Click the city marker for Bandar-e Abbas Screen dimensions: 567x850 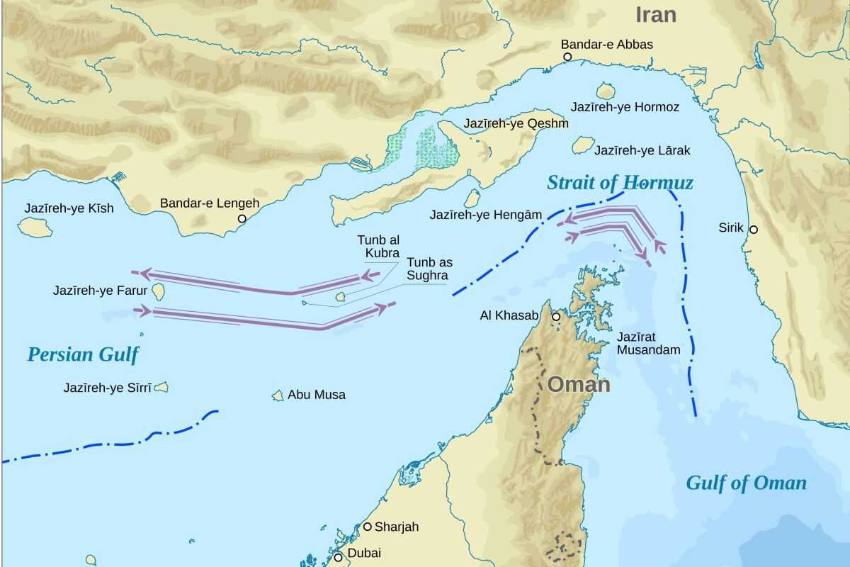567,57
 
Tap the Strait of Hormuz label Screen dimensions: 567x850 620,183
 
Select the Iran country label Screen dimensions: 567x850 655,14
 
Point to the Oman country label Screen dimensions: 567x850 579,385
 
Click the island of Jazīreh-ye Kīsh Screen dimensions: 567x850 35,228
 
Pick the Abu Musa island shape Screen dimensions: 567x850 278,395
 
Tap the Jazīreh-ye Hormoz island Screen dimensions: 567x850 605,91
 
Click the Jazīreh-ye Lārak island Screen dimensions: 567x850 582,145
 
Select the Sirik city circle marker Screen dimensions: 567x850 754,229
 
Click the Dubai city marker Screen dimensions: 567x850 339,557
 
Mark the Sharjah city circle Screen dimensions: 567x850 367,527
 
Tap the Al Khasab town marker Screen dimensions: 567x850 556,317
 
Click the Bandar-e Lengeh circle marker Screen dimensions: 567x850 242,219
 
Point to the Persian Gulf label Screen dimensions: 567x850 83,354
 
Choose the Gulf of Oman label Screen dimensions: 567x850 746,483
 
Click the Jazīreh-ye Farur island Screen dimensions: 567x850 159,291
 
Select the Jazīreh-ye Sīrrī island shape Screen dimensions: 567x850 161,387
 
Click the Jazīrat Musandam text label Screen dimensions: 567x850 648,343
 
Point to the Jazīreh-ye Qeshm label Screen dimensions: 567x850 516,124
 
